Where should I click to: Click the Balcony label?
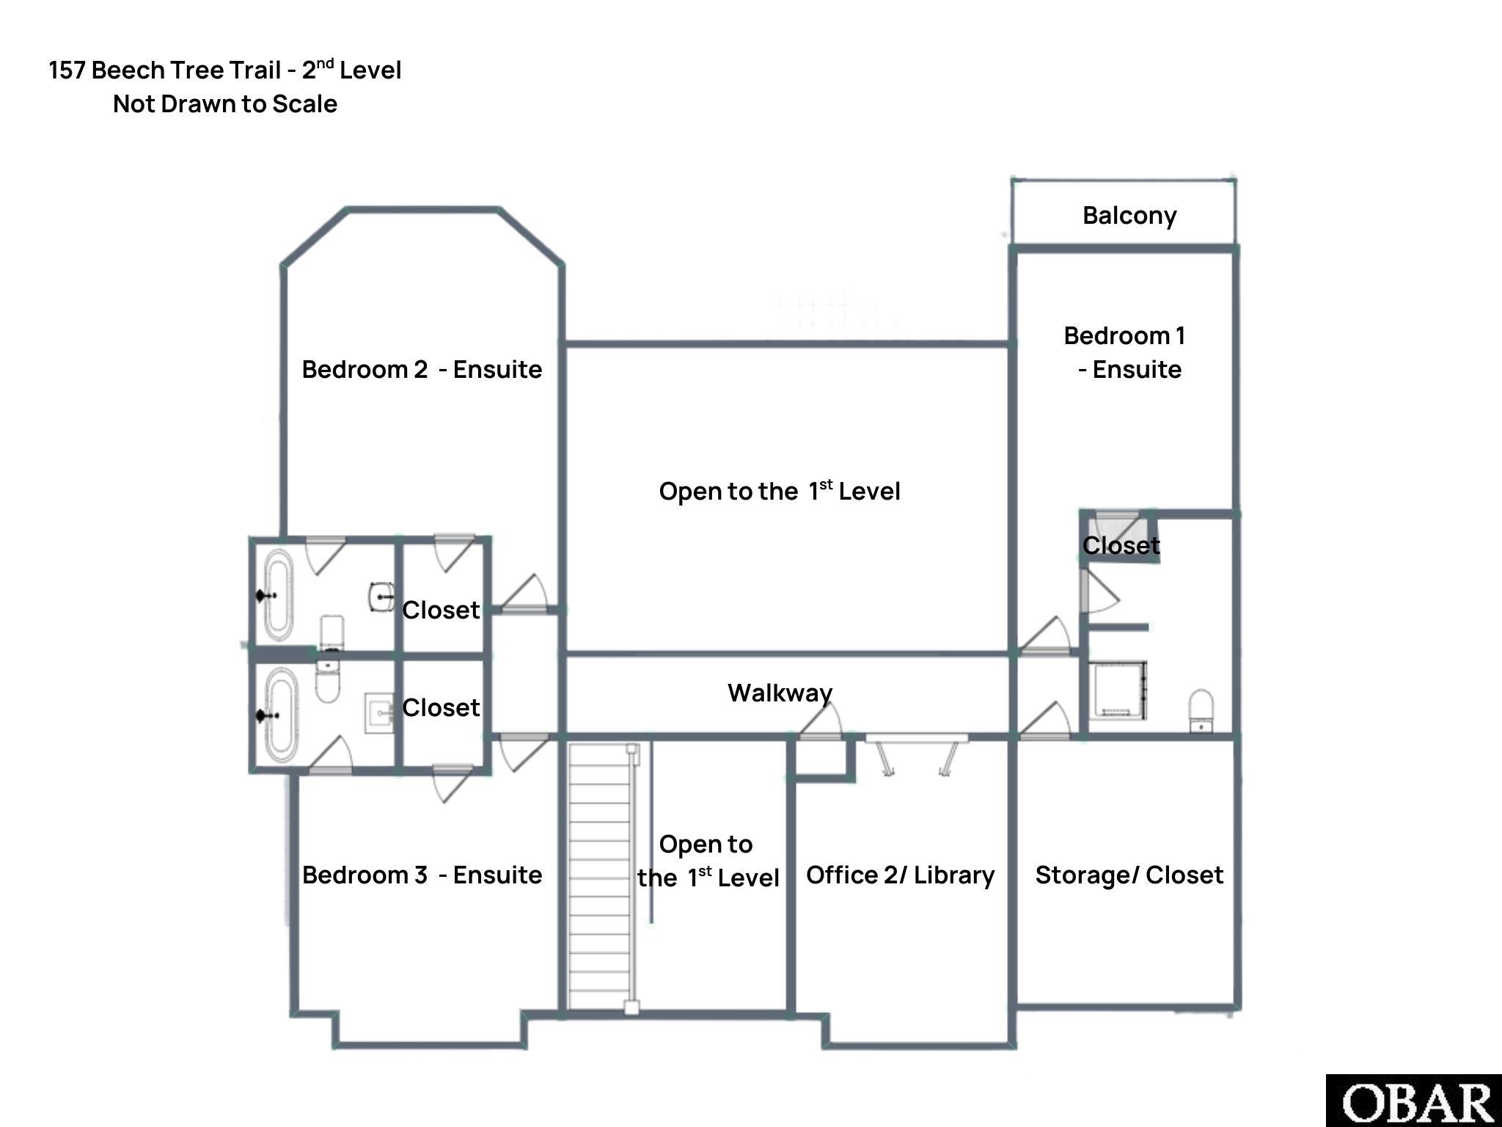click(x=1129, y=216)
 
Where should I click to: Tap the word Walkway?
click(x=780, y=693)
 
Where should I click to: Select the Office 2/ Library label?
click(x=900, y=875)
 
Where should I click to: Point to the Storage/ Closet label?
click(x=1129, y=875)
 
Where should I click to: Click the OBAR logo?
click(x=1414, y=1101)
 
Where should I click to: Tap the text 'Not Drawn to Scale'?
click(x=225, y=104)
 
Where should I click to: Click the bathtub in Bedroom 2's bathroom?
click(x=278, y=595)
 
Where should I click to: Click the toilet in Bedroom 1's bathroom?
click(x=1201, y=710)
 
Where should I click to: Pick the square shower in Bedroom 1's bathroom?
click(x=1116, y=690)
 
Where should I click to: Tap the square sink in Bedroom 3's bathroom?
click(x=378, y=713)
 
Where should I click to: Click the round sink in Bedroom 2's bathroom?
click(x=381, y=597)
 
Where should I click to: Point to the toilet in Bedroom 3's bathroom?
click(x=328, y=681)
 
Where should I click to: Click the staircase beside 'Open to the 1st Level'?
click(x=600, y=878)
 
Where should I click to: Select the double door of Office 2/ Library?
click(x=917, y=756)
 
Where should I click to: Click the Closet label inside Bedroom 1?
click(x=1121, y=545)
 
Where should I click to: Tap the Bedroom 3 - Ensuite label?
click(x=422, y=875)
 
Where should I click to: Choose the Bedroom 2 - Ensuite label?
click(x=422, y=369)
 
